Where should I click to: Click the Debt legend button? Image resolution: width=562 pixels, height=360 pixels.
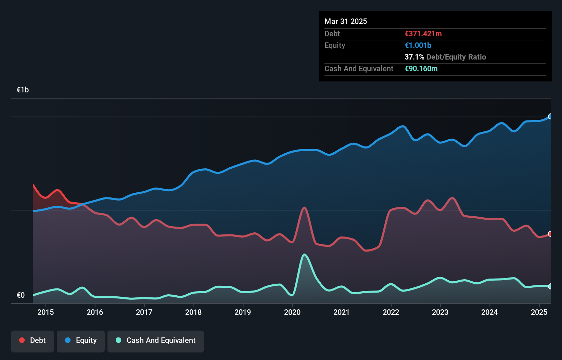pos(32,340)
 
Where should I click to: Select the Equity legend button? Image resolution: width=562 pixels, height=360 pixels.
pos(81,340)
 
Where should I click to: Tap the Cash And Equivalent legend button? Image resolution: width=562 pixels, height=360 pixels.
pos(156,340)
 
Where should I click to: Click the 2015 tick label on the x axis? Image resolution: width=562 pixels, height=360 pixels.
pos(46,312)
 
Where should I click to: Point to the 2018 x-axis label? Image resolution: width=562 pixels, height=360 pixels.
pos(193,312)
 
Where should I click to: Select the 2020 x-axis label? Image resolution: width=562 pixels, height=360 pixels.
pos(292,312)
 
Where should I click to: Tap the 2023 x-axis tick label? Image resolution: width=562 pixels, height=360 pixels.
pos(440,312)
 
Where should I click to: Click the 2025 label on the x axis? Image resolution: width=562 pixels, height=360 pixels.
pos(539,312)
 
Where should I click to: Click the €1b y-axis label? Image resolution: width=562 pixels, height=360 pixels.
pos(23,90)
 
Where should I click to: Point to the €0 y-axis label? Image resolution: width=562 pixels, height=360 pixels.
pos(21,295)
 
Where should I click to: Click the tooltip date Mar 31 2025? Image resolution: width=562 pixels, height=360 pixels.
pos(346,21)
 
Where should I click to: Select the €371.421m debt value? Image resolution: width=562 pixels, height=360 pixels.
pos(423,34)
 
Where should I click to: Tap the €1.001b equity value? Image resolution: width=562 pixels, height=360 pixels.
pos(418,45)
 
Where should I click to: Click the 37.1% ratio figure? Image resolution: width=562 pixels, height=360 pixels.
pos(414,57)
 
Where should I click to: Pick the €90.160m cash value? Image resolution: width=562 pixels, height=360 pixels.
pos(421,68)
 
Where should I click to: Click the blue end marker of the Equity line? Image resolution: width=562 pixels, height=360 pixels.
pos(550,116)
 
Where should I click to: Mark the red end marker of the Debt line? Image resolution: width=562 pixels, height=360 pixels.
pos(550,234)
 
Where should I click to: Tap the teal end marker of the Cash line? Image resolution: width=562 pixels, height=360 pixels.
pos(550,286)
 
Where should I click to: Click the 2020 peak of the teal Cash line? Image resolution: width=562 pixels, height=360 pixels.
pos(304,255)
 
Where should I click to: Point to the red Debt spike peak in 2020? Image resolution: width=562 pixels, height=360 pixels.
pos(304,207)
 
